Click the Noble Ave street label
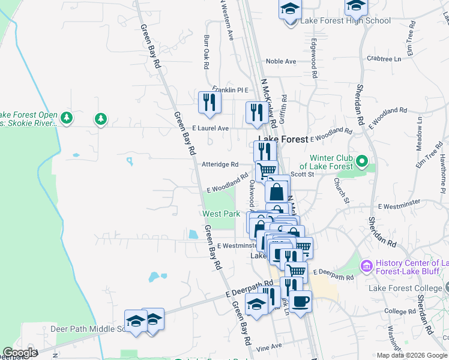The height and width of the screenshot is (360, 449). pos(281,61)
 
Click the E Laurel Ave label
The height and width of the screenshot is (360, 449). pos(210,128)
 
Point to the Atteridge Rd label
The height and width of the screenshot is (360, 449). pos(220,164)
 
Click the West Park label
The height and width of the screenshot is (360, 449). pos(221,214)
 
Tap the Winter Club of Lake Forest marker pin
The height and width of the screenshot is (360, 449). pos(361,161)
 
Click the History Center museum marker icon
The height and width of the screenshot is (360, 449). pos(366,265)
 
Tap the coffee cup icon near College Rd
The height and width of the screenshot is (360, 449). pos(300,299)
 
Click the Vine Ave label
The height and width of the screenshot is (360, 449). pos(268,347)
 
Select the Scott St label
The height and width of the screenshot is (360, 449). pos(302,174)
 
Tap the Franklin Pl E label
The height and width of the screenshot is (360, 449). pos(225,90)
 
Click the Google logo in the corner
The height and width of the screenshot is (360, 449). pos(20,353)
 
